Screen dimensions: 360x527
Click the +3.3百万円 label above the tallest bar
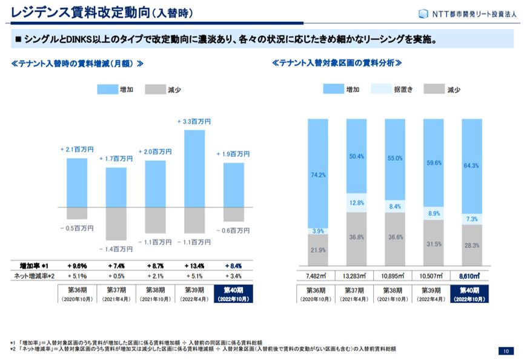pyautogui.click(x=194, y=122)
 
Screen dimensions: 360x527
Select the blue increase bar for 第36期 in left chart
pyautogui.click(x=77, y=182)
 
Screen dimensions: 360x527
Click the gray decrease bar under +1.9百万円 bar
pyautogui.click(x=233, y=214)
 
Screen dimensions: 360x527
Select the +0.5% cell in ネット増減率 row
pyautogui.click(x=116, y=276)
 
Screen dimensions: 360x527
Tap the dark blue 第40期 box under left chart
pyautogui.click(x=233, y=293)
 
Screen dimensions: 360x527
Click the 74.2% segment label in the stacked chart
pyautogui.click(x=318, y=175)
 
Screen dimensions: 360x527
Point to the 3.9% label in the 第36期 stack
pyautogui.click(x=318, y=231)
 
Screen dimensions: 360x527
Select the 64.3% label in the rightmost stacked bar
pyautogui.click(x=472, y=165)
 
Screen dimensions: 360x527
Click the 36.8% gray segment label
pyautogui.click(x=356, y=237)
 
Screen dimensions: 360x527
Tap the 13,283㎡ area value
pyautogui.click(x=356, y=276)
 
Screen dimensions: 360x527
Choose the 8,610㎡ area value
pyautogui.click(x=472, y=276)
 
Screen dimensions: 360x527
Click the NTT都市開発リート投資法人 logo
pyautogui.click(x=466, y=13)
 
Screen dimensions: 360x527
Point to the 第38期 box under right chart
pyautogui.click(x=394, y=293)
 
